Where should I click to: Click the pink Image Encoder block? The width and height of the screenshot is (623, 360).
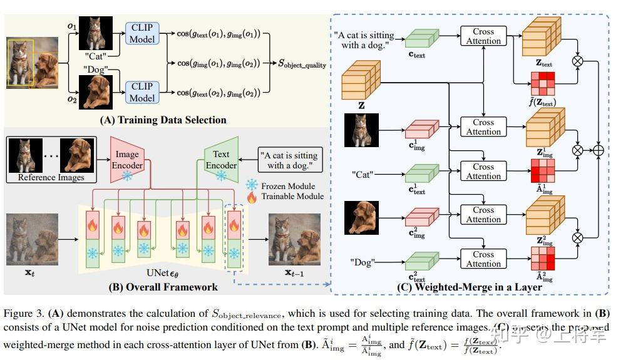tap(127, 160)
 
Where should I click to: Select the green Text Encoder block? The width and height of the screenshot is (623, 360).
tap(221, 160)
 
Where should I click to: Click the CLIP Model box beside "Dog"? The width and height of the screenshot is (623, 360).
tap(142, 92)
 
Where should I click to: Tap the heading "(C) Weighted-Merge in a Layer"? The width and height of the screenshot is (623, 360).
tap(469, 287)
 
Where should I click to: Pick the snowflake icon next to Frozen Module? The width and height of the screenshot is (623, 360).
tap(251, 185)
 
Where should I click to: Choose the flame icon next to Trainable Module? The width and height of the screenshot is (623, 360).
tap(251, 196)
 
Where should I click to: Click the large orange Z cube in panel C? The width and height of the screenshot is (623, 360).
tap(361, 80)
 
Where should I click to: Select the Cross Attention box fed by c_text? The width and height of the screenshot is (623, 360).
tap(483, 36)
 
